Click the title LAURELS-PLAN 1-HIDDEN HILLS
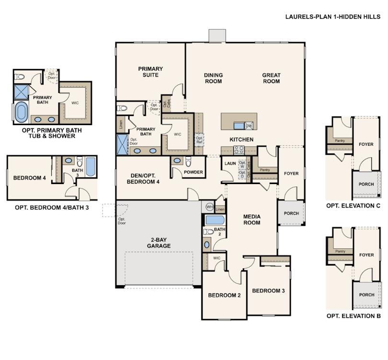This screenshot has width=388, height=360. click(333, 16)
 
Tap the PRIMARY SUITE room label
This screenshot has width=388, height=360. click(150, 72)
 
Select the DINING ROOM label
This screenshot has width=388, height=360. click(213, 78)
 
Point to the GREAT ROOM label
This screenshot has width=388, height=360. click(271, 78)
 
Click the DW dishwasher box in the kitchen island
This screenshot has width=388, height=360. click(249, 126)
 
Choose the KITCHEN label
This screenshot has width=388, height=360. click(241, 139)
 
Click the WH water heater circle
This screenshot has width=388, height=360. click(209, 207)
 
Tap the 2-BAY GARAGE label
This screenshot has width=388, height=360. click(159, 243)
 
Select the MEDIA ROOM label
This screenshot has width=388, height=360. click(251, 219)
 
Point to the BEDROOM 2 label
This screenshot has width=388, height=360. click(224, 295)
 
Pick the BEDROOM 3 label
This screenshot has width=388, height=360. click(268, 290)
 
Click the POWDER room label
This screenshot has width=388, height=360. click(194, 172)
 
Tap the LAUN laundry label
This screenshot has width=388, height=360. click(229, 163)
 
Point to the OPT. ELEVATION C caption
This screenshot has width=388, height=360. click(354, 206)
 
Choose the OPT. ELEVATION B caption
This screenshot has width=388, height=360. click(354, 316)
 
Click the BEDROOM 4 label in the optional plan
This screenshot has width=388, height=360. click(30, 178)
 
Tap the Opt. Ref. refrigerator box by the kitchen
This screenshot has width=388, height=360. click(200, 139)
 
